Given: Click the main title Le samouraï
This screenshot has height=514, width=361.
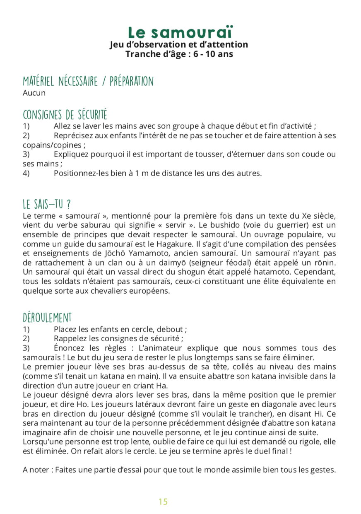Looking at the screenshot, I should (180, 32).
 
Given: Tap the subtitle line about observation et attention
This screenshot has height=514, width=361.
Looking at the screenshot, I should (179, 45).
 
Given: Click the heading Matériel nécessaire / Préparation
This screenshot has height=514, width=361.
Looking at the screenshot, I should (88, 81).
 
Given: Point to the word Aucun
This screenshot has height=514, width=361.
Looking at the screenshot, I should (34, 93).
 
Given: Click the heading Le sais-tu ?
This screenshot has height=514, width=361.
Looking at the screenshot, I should (47, 204).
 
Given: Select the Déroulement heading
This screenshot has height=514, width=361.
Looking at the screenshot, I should (47, 318).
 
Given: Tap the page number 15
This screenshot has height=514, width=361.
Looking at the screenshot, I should (163, 502).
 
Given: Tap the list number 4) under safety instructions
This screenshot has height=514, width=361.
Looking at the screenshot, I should (26, 173).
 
